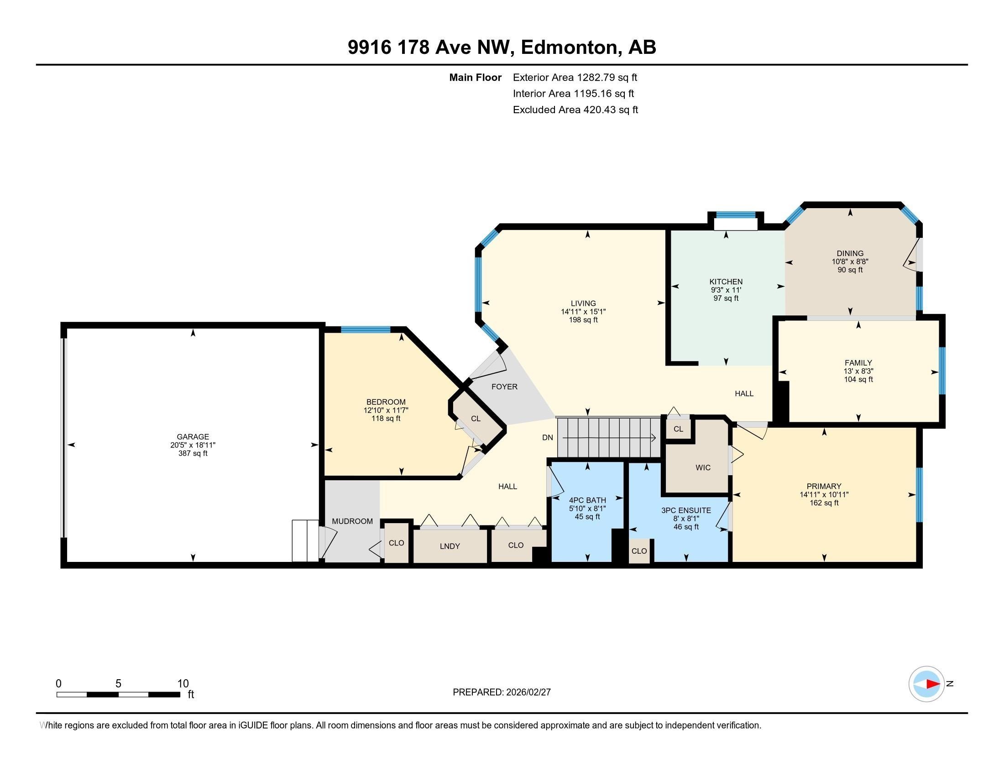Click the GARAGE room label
(x=193, y=436)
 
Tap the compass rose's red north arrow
(x=933, y=684)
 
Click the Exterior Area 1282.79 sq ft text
(x=575, y=77)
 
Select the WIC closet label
(x=703, y=467)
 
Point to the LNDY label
(x=450, y=546)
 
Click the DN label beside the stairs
(x=547, y=438)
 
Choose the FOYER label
(x=504, y=387)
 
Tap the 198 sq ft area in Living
(x=583, y=320)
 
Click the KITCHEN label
(x=726, y=282)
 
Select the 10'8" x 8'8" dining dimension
(x=850, y=262)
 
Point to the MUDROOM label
(x=352, y=521)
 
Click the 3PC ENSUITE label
(x=686, y=510)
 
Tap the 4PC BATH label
(x=587, y=500)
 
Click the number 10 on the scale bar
(x=183, y=683)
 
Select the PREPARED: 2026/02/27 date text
(x=502, y=692)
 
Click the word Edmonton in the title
(x=569, y=47)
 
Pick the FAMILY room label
(x=858, y=363)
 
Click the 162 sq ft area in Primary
(x=824, y=503)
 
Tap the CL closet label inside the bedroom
(x=476, y=419)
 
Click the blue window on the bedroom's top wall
(x=366, y=329)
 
